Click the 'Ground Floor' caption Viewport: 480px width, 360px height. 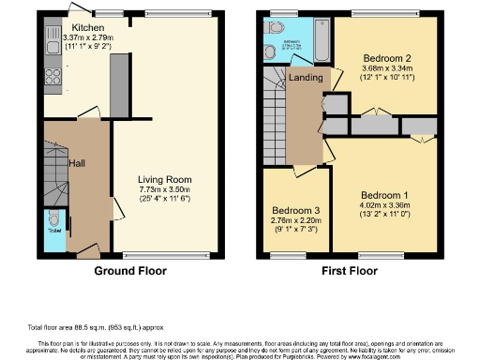pos(129,271)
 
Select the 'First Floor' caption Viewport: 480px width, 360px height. pos(347,271)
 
